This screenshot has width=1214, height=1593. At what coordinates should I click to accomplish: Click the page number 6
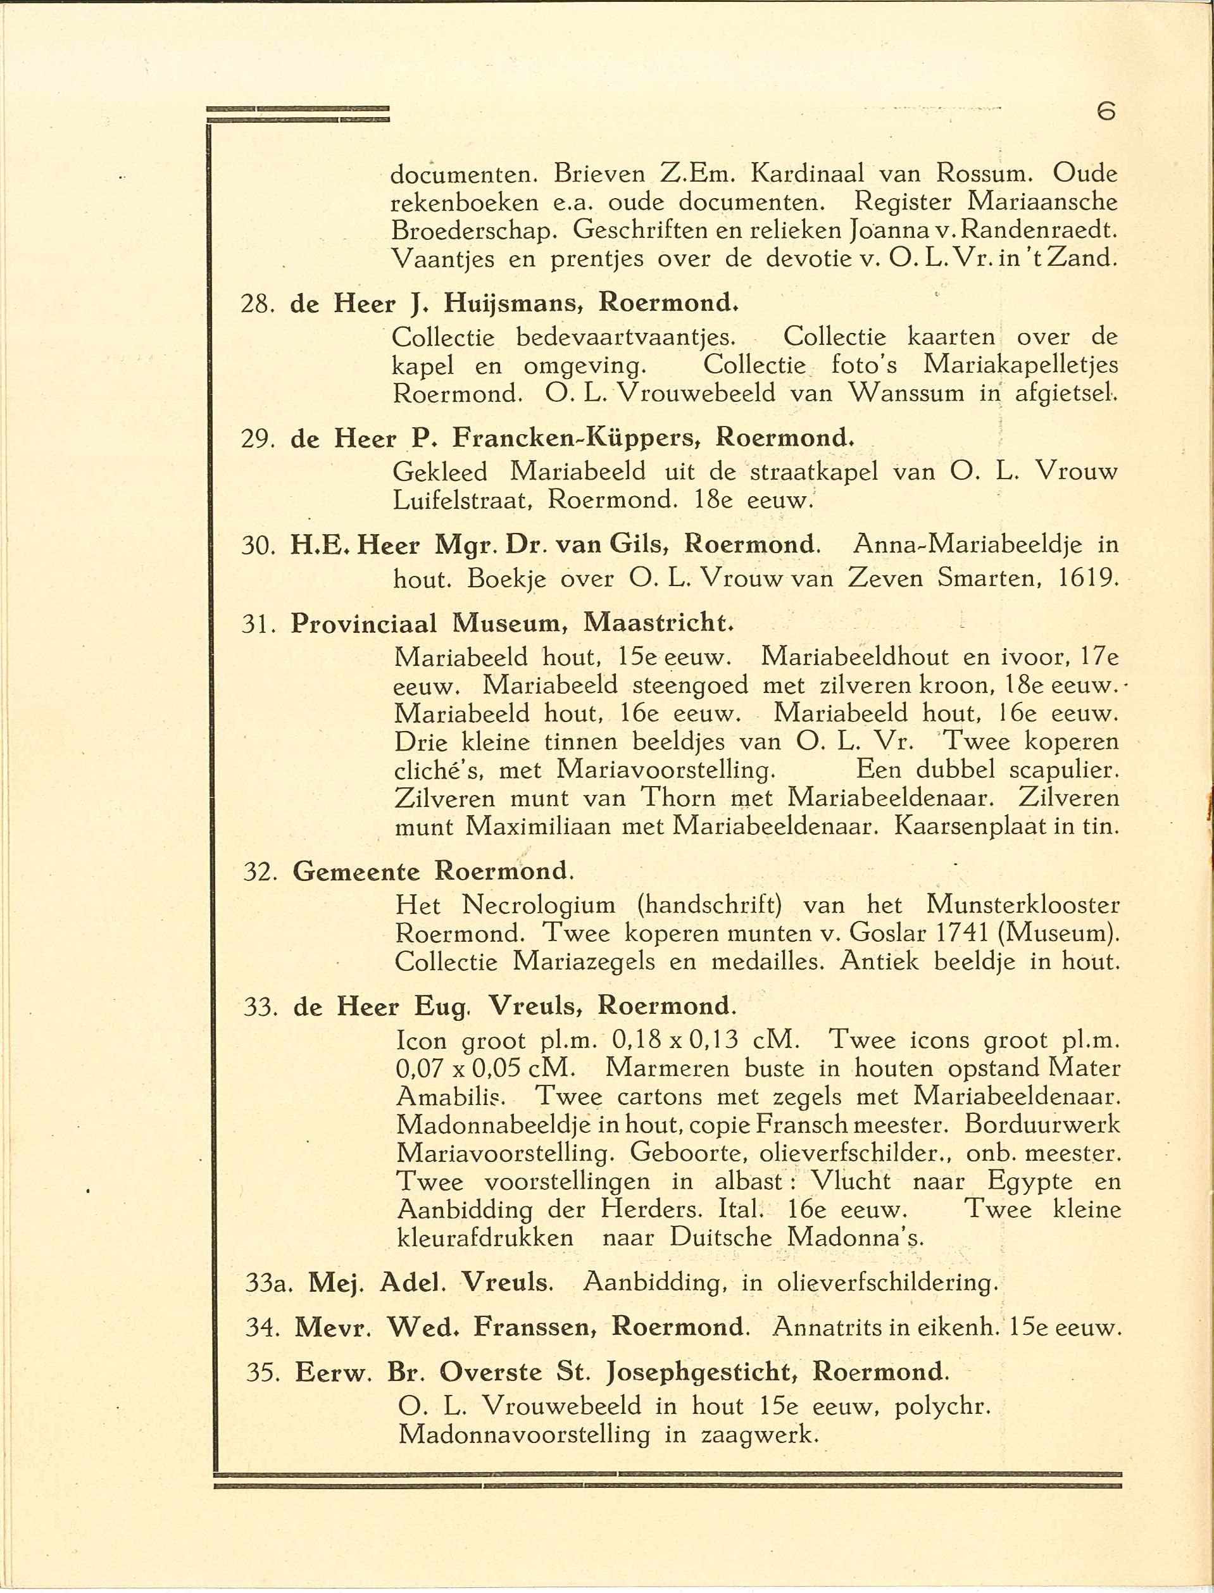1106,111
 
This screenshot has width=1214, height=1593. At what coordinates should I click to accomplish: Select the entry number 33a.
268,1282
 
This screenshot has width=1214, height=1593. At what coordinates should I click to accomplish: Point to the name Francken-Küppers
575,439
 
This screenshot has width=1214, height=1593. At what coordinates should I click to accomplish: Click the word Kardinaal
807,173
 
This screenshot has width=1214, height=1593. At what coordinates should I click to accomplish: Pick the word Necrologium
539,904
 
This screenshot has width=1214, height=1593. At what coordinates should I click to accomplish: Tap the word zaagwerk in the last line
760,1434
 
